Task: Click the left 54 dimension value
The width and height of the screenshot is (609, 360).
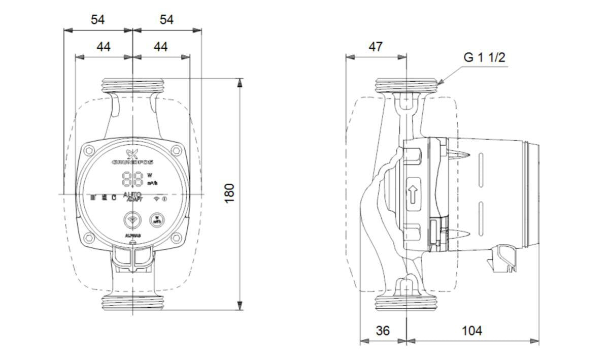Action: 98,20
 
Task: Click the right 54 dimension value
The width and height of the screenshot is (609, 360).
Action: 166,20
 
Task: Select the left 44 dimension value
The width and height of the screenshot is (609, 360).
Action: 104,47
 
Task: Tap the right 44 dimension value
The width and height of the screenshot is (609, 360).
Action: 160,47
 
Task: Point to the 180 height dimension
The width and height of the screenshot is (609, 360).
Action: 229,193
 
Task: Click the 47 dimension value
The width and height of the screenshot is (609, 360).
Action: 375,47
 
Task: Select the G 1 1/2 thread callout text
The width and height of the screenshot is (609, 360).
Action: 484,57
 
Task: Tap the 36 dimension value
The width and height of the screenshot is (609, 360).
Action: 383,331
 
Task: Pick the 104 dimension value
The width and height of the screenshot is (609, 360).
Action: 472,331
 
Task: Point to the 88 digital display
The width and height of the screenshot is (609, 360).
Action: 132,179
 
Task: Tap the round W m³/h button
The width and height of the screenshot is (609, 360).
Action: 156,220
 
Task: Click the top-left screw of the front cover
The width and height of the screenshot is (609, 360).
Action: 89,150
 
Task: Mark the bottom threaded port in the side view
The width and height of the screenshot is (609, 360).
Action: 407,303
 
